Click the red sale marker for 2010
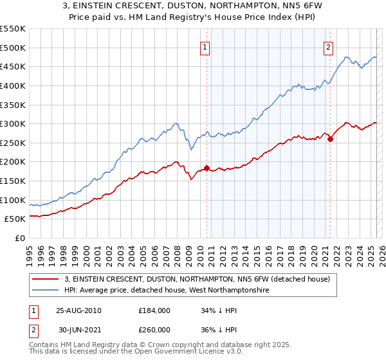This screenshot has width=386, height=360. click(x=207, y=168)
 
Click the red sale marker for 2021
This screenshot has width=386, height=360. click(x=330, y=138)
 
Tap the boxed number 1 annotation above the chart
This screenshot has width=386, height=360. click(x=205, y=46)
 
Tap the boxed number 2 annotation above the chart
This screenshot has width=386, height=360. click(x=328, y=46)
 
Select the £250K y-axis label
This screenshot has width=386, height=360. click(x=13, y=143)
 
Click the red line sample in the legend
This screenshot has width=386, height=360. click(x=46, y=279)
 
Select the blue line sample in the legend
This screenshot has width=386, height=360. click(x=46, y=291)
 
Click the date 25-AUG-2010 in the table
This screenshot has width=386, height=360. click(x=78, y=310)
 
